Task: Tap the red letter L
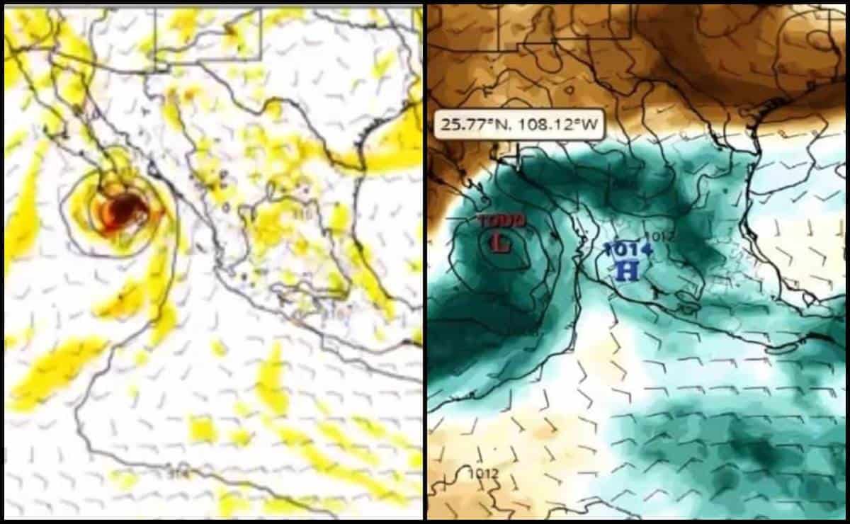pyautogui.click(x=501, y=243)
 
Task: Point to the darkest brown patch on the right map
pyautogui.click(x=708, y=35)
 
